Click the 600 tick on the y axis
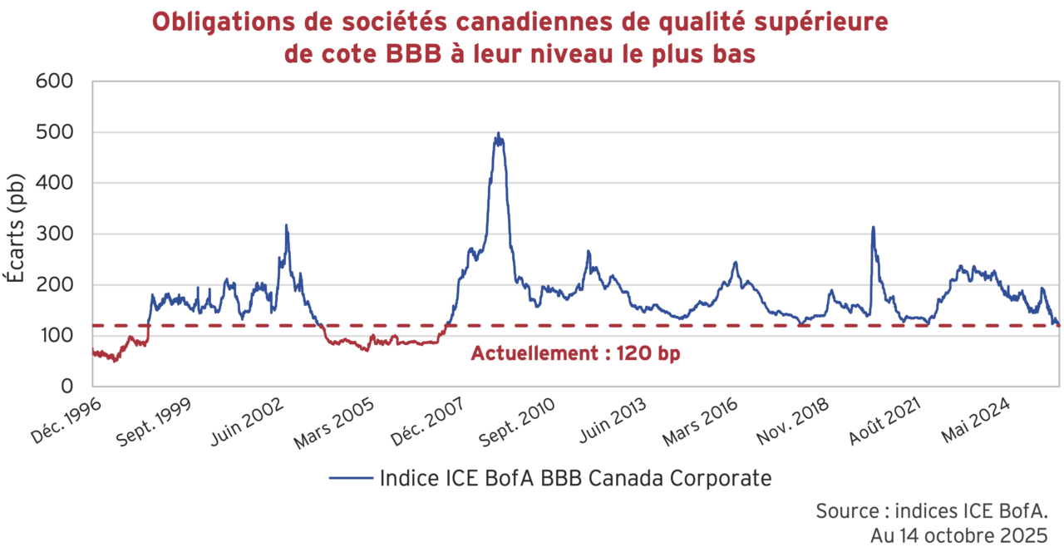point(56,81)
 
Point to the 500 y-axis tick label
point(56,132)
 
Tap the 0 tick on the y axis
point(66,387)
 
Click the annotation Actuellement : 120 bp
point(575,353)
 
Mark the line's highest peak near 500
point(498,134)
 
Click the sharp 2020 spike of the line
point(873,227)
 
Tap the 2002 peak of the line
point(286,225)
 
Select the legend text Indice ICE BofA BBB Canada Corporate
point(575,479)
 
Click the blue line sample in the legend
point(350,479)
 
